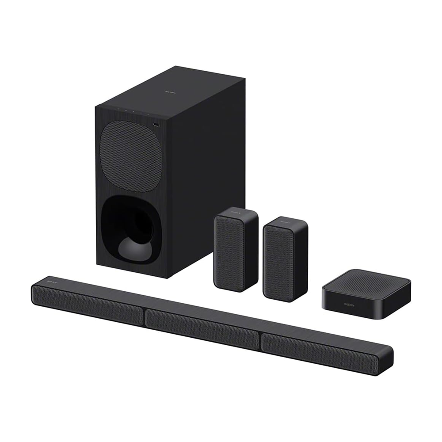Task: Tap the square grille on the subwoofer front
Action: [129, 156]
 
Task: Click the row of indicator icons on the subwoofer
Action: [128, 111]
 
